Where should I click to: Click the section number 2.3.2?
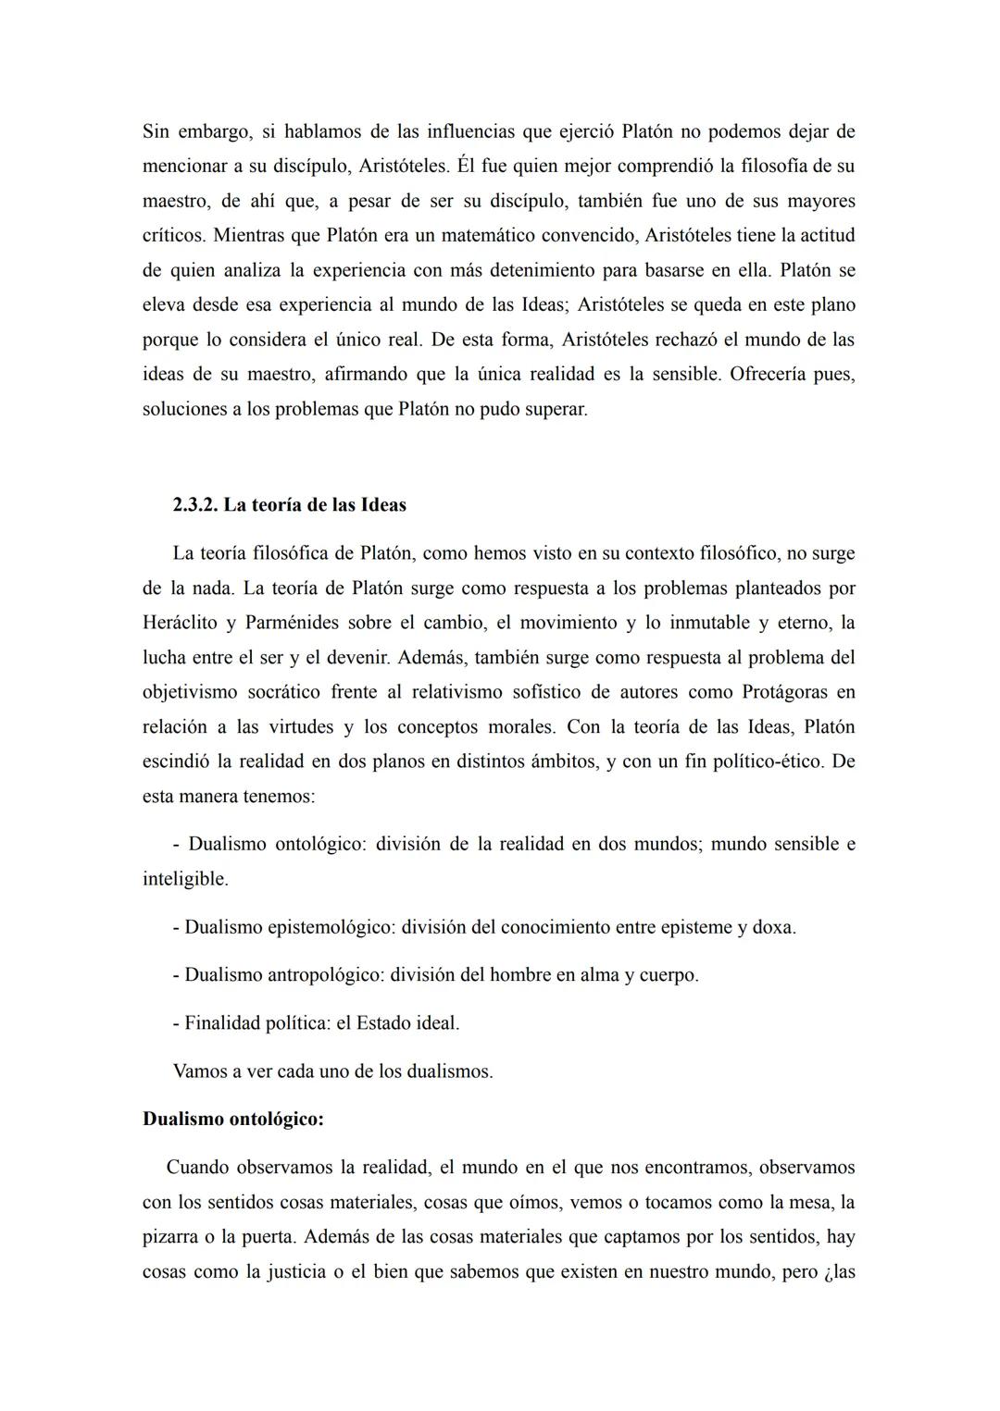pyautogui.click(x=195, y=505)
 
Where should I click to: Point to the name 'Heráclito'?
pyautogui.click(x=180, y=623)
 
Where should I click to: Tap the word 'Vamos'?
pyautogui.click(x=201, y=1071)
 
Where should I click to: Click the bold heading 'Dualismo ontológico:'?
pyautogui.click(x=233, y=1120)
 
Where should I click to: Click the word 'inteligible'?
pyautogui.click(x=183, y=879)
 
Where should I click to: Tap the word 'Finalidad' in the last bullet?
pyautogui.click(x=224, y=1023)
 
